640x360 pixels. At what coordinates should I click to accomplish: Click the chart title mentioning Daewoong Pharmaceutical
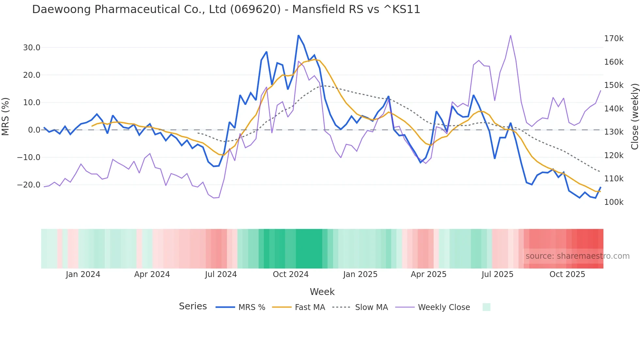tap(226, 9)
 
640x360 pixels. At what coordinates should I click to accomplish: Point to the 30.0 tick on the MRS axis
tap(32, 48)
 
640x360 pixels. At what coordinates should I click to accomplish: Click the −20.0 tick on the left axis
tap(29, 185)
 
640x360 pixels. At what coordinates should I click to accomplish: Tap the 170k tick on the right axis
tap(614, 39)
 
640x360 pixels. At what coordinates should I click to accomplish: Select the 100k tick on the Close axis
tap(614, 202)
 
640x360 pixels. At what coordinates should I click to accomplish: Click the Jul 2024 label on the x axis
tap(221, 274)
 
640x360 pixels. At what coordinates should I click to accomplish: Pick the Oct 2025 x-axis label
tap(567, 274)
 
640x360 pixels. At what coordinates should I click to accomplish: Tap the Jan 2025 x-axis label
tap(360, 274)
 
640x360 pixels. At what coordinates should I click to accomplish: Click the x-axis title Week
tap(322, 292)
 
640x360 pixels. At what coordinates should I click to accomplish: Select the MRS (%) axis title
tap(6, 117)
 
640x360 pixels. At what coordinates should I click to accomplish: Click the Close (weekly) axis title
tap(634, 117)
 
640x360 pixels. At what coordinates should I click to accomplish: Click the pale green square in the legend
tap(486, 307)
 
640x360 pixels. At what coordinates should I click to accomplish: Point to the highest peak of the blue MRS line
tap(298, 35)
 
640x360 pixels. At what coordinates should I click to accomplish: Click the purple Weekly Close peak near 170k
tap(510, 35)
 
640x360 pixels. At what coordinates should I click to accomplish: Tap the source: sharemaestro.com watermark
tap(577, 256)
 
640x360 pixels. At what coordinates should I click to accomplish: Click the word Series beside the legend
tap(193, 306)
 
